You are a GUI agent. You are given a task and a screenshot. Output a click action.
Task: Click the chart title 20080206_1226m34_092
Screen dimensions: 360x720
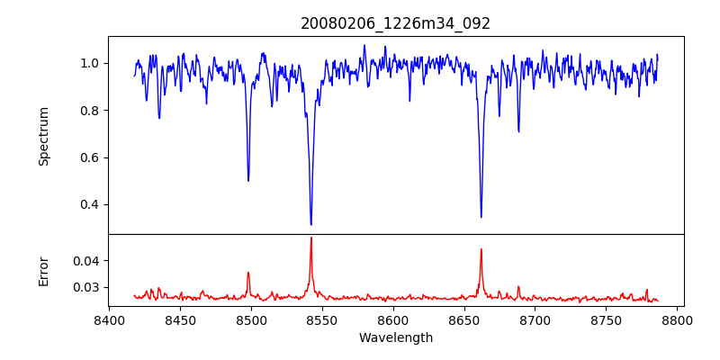[x=395, y=23]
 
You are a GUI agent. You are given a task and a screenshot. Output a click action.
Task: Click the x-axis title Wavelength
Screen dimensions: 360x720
[x=395, y=338]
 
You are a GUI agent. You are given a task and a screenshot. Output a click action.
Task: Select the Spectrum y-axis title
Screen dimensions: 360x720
[x=44, y=136]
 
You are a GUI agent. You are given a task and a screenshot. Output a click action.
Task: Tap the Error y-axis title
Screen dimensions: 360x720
[x=44, y=271]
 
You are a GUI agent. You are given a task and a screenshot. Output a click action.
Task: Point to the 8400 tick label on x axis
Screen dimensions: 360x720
[x=109, y=320]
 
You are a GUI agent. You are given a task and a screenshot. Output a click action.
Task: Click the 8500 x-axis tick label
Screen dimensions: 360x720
[x=251, y=320]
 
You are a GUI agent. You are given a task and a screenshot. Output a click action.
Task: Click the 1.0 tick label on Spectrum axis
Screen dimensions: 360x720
[x=89, y=64]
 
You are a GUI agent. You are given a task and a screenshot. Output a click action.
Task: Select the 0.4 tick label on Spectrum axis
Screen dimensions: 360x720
[x=89, y=204]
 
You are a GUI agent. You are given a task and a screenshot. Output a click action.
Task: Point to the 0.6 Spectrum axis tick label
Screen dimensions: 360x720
[x=89, y=157]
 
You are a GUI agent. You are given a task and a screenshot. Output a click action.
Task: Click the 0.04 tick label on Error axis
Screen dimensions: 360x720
[x=86, y=261]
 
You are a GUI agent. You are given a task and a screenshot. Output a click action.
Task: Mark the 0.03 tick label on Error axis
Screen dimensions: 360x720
[x=86, y=288]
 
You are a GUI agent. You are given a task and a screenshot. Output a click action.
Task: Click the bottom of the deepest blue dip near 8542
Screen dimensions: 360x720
[x=310, y=224]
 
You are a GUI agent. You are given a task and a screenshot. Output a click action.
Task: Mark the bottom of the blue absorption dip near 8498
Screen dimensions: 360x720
[x=248, y=181]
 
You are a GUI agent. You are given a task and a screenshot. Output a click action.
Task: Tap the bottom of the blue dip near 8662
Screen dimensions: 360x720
[x=481, y=217]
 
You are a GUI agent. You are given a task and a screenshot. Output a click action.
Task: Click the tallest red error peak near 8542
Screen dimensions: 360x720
[x=310, y=238]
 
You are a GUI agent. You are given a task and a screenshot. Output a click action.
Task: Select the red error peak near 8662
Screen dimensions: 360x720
[x=481, y=249]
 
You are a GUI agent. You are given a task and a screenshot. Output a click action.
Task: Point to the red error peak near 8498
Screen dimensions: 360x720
[x=248, y=273]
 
